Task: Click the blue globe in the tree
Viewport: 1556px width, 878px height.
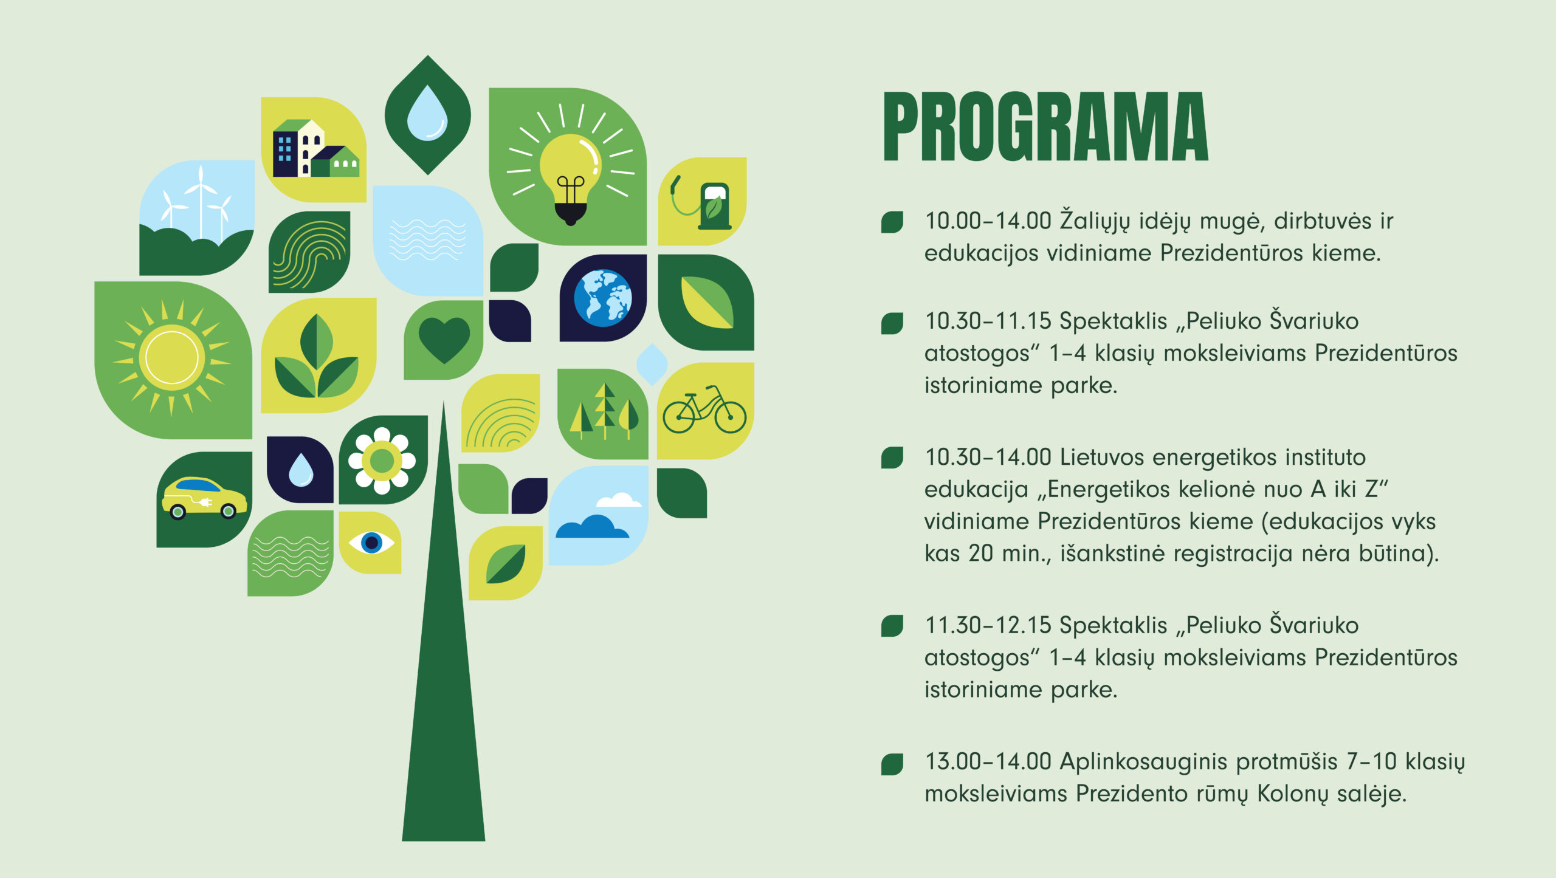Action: [603, 298]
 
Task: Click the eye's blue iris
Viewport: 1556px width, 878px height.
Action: [371, 543]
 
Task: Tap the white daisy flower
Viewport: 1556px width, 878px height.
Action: [382, 461]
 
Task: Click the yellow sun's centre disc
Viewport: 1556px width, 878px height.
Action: [172, 357]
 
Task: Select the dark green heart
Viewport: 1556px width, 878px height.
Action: [444, 340]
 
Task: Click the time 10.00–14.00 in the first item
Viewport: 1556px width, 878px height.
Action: [988, 221]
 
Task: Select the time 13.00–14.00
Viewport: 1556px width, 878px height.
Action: [988, 761]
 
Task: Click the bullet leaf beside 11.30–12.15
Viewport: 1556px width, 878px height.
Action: [892, 626]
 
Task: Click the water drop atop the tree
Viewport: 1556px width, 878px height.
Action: [427, 114]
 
